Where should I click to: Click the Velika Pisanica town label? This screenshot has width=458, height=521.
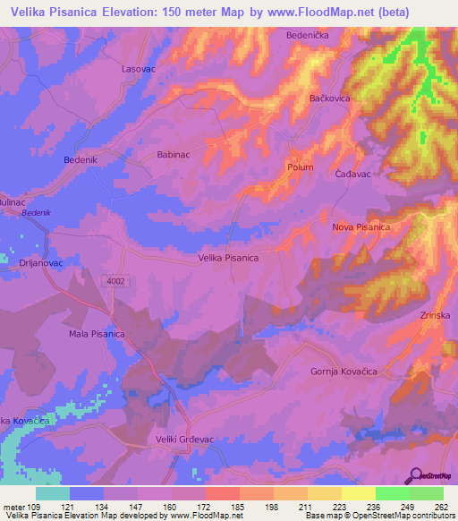(228, 258)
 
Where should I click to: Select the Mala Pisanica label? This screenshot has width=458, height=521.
(97, 334)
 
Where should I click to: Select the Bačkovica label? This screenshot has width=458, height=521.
(329, 98)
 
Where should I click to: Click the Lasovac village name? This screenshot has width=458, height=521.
(139, 68)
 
